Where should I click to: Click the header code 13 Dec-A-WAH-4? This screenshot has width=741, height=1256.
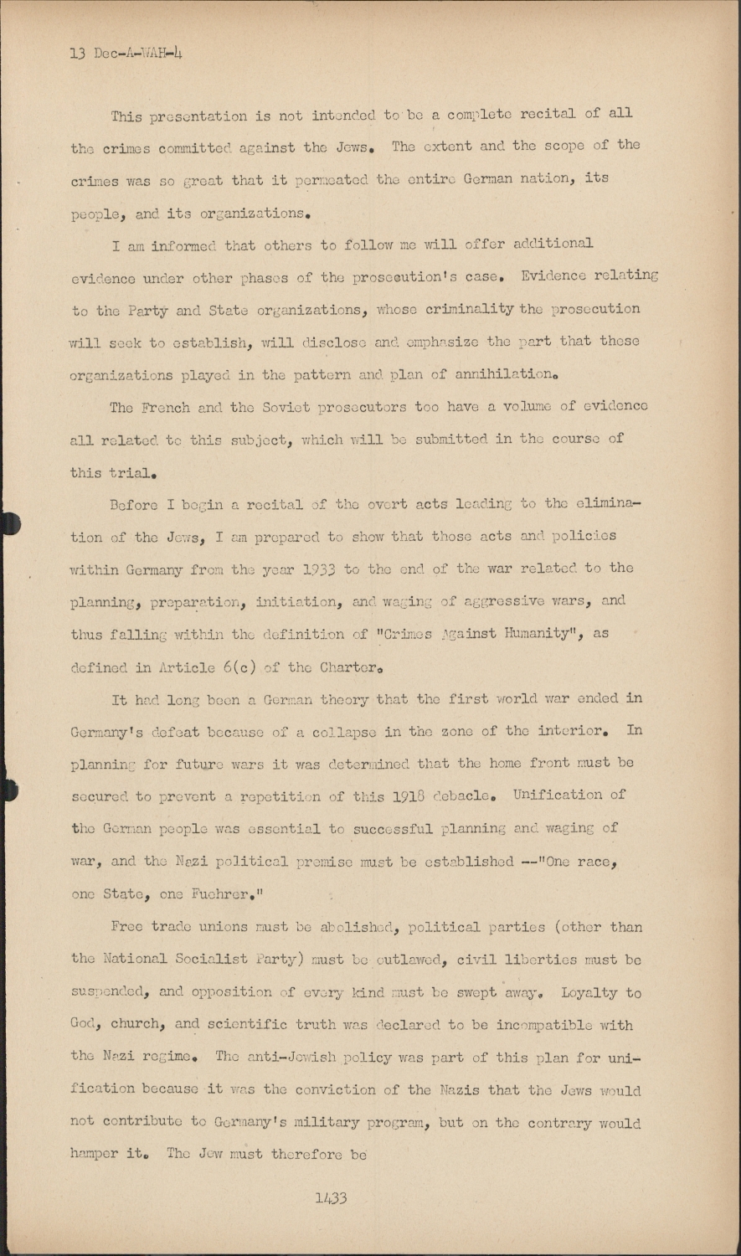coord(126,54)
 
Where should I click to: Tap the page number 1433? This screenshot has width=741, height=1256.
coord(332,1198)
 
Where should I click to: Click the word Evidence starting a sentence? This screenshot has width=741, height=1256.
coord(558,275)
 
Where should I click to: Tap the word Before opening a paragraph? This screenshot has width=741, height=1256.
coord(135,503)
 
